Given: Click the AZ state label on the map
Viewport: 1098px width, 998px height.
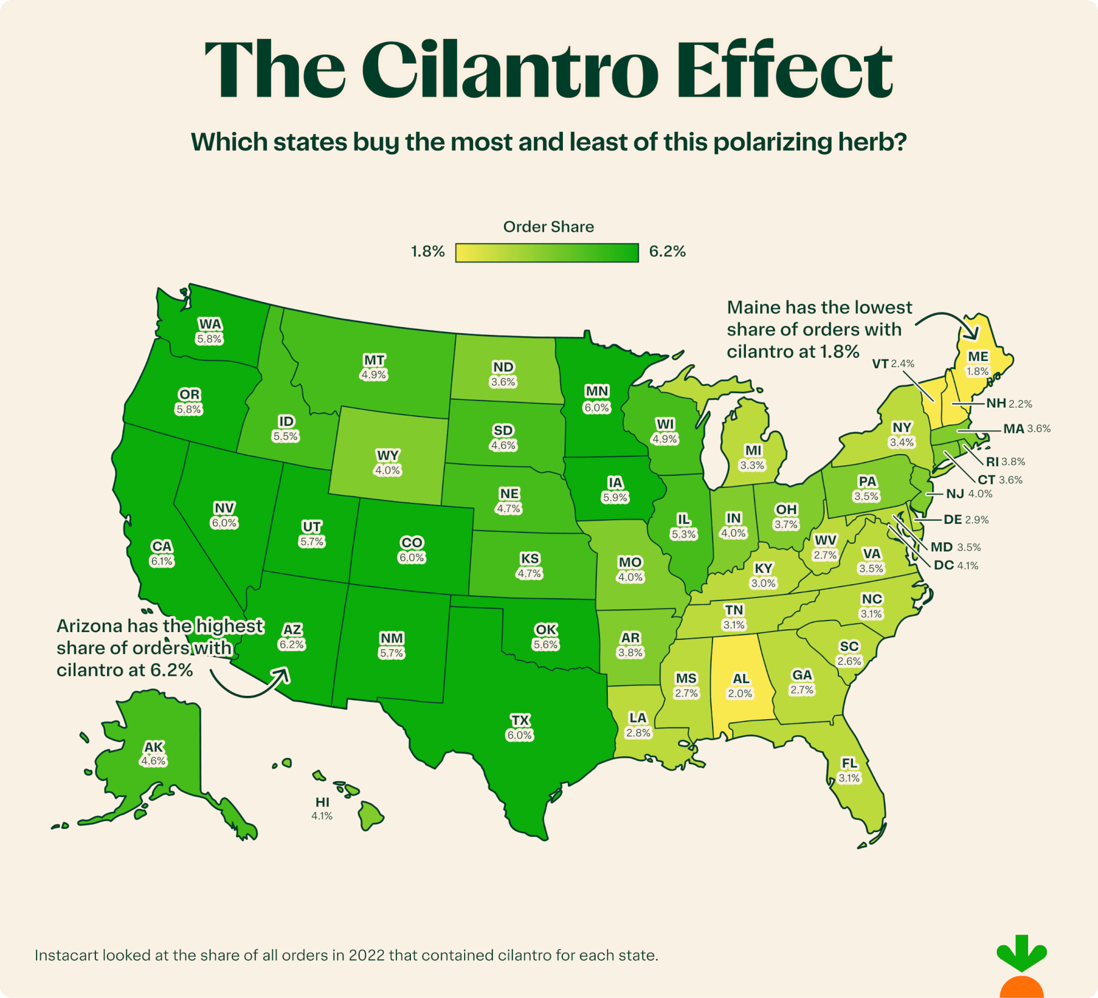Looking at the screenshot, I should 292,629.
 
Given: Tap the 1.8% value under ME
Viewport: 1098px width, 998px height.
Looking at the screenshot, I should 977,371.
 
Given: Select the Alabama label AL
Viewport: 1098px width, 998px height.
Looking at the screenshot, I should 741,679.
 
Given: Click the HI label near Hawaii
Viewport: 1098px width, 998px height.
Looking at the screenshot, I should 322,802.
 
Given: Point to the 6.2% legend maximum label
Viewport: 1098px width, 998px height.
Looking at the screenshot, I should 667,252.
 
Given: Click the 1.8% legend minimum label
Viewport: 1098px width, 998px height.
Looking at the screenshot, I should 428,252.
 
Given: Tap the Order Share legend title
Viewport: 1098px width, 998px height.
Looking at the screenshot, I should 548,227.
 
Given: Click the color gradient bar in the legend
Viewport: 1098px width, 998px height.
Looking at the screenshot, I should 547,253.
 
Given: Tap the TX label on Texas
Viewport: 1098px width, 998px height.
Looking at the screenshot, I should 520,720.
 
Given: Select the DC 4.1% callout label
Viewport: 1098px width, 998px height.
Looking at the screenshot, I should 956,566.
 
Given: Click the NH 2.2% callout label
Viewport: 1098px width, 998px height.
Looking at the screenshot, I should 1009,404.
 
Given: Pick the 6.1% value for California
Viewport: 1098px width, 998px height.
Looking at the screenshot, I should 162,561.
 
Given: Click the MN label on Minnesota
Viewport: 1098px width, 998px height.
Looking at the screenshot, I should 597,391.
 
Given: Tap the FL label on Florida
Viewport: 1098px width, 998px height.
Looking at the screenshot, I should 849,763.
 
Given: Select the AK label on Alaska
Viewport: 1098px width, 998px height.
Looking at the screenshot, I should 154,747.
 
